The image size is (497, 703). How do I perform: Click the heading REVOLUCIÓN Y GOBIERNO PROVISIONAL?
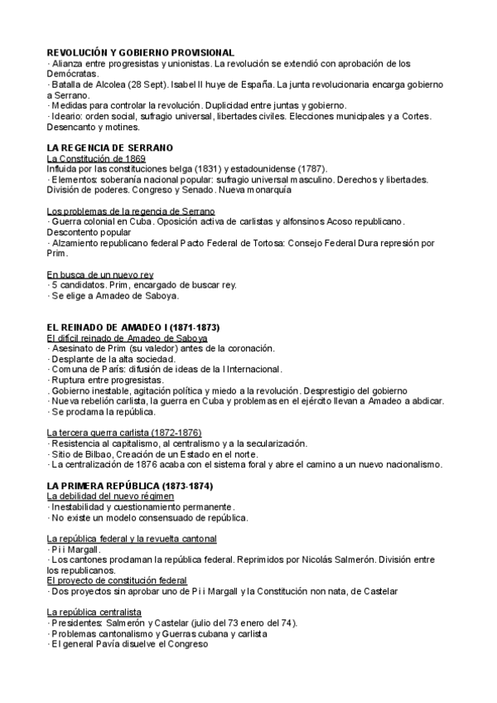pyautogui.click(x=141, y=52)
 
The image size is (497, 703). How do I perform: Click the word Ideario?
pyautogui.click(x=68, y=117)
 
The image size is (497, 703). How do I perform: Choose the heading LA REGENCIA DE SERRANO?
pyautogui.click(x=110, y=147)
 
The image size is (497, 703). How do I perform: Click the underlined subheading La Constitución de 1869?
pyautogui.click(x=96, y=158)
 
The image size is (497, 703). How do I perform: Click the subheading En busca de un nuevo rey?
pyautogui.click(x=99, y=274)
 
